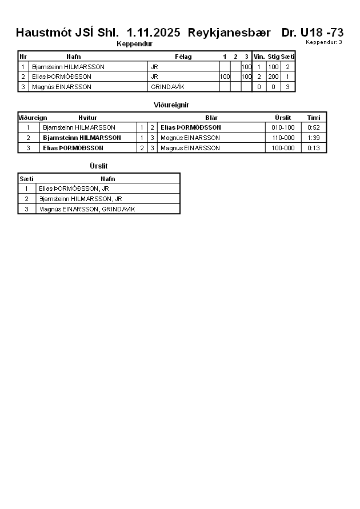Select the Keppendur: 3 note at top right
pos(324,42)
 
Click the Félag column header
pos(183,57)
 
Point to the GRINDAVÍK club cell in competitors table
pos(167,87)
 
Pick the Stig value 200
pos(273,77)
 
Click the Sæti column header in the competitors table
pos(288,57)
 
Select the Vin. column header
pos(259,57)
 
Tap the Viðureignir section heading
pos(171,105)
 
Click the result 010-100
pos(283,127)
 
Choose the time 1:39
pos(314,138)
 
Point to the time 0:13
pos(314,148)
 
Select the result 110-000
pos(283,138)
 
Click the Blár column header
pos(211,118)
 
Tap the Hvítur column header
pos(87,118)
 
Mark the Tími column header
pos(314,118)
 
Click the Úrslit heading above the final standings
pos(98,166)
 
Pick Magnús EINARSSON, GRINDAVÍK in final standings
pos(87,209)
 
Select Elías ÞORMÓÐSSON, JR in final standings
pos(74,189)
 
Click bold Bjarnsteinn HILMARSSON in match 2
pos(82,138)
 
